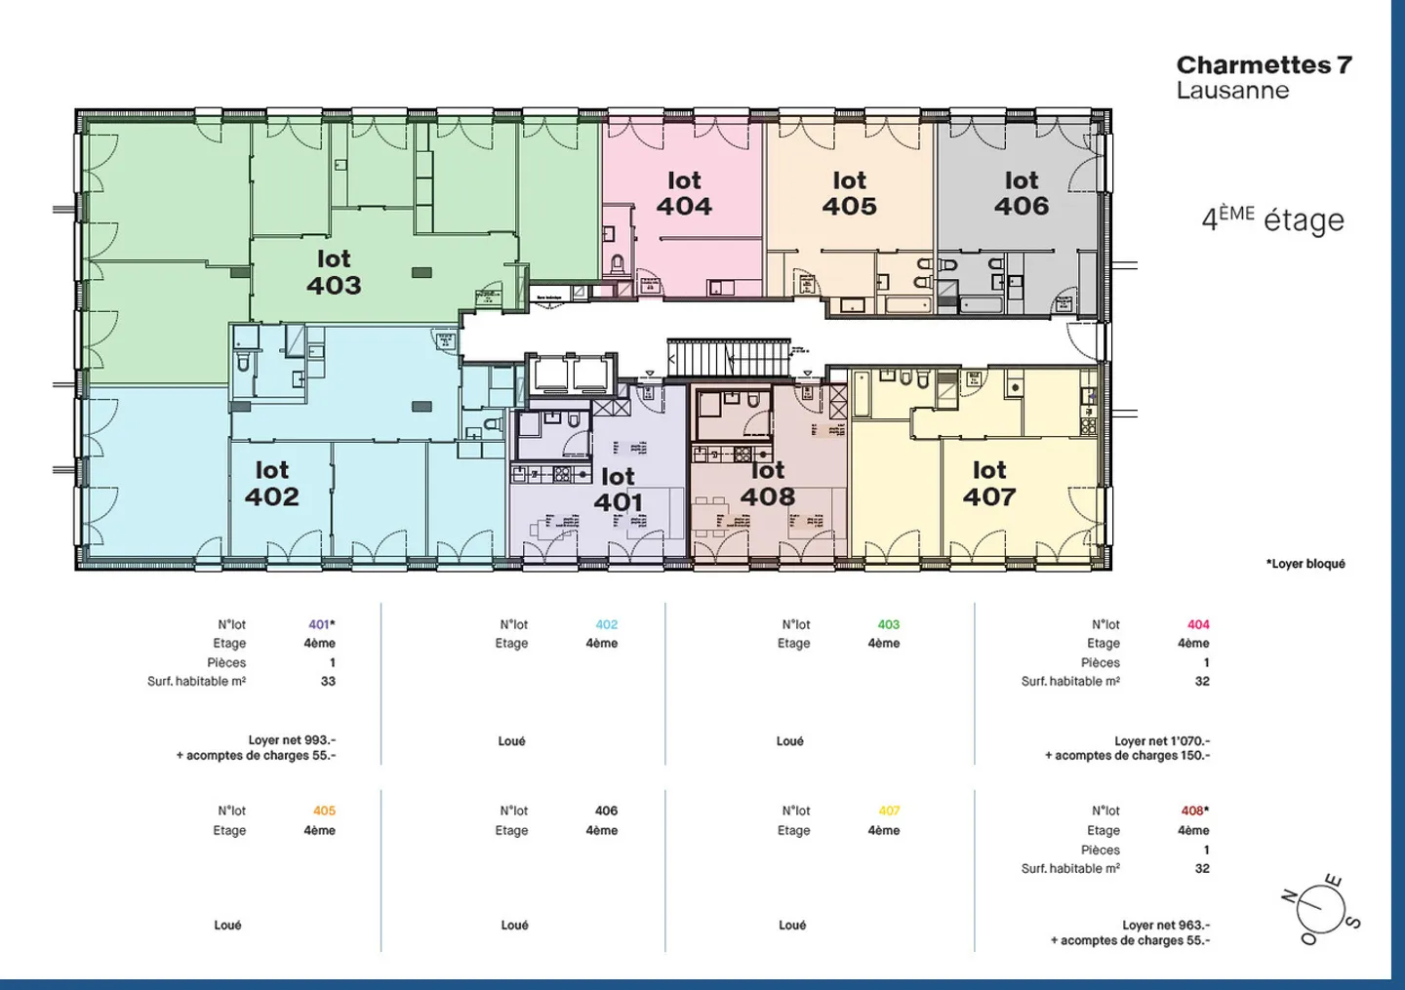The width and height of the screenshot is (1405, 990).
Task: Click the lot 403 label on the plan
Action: pos(334,272)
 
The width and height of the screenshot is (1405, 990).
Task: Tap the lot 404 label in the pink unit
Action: pos(684,193)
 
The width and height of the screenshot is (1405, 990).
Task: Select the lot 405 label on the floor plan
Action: pos(849,193)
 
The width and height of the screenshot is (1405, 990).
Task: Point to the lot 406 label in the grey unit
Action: pos(1022,193)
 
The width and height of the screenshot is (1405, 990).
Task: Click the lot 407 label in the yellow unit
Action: pos(989,484)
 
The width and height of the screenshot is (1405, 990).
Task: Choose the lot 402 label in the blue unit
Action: pos(271,484)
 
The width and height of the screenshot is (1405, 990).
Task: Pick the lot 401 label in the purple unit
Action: pos(618,490)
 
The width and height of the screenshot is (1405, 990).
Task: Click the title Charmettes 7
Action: pos(1264,65)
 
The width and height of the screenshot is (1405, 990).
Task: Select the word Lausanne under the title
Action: pos(1232,91)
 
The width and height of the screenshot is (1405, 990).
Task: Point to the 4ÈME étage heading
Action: pos(1272,219)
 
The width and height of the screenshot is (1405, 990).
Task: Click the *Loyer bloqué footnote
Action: pos(1305,564)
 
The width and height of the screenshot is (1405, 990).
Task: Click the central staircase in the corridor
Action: pos(728,358)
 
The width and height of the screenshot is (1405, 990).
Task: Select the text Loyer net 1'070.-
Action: pos(1161,741)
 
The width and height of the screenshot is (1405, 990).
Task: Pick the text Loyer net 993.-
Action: pos(292,740)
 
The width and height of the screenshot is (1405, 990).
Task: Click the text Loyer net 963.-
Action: pos(1165,926)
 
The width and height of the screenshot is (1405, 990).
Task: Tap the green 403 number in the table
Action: pos(888,624)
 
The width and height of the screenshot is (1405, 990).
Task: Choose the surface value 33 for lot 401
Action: pos(328,682)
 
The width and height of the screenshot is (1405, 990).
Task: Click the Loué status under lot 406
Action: pos(514,926)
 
